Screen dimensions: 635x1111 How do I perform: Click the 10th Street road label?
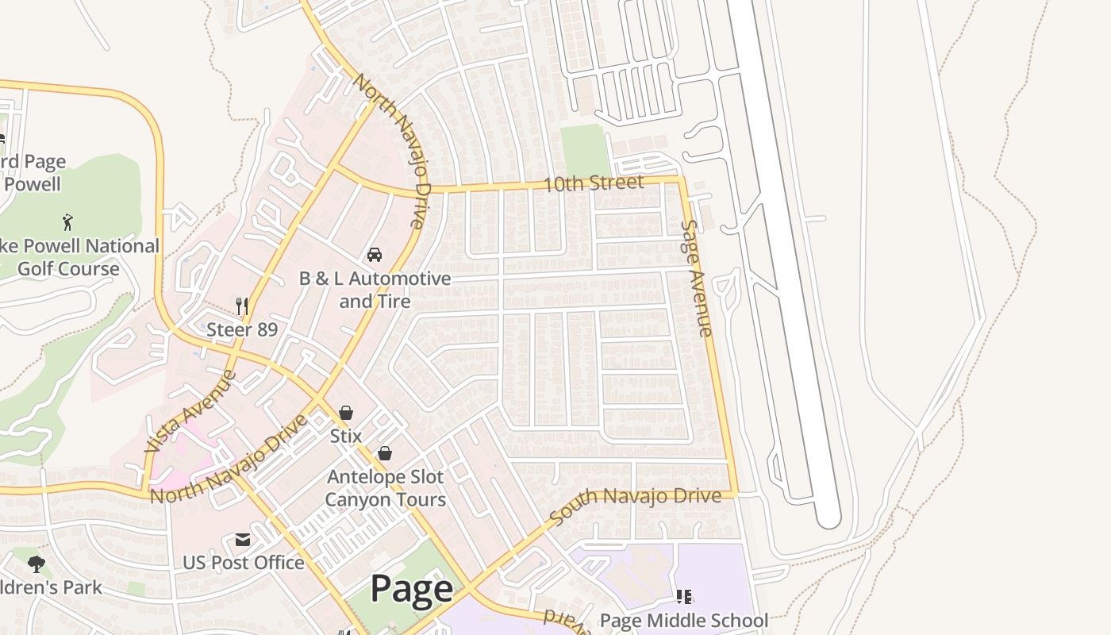coord(594,183)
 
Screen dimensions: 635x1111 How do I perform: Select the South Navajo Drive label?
coord(635,506)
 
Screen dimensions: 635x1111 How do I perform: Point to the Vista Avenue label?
coord(190,411)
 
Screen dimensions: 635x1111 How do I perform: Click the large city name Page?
coord(412,589)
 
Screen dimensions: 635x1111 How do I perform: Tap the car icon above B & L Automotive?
coord(375,255)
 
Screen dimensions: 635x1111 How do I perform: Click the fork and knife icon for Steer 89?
coord(243,306)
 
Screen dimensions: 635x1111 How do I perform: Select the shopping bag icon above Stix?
coord(346,413)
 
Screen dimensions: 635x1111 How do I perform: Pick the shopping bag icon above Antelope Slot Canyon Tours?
coord(385,453)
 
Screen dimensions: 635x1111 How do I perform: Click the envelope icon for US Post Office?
coord(243,540)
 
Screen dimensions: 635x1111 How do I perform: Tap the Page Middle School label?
coord(683,620)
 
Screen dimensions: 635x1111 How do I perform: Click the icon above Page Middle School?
coord(683,596)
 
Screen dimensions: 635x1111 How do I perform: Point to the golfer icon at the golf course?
coord(67,221)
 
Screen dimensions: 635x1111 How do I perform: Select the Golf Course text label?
coord(68,268)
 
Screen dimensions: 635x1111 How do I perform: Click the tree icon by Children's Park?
coord(36,564)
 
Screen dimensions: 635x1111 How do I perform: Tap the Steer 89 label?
coord(242,329)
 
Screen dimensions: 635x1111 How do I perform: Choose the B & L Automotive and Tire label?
coord(375,290)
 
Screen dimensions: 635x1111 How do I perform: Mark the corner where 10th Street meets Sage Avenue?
coord(682,180)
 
